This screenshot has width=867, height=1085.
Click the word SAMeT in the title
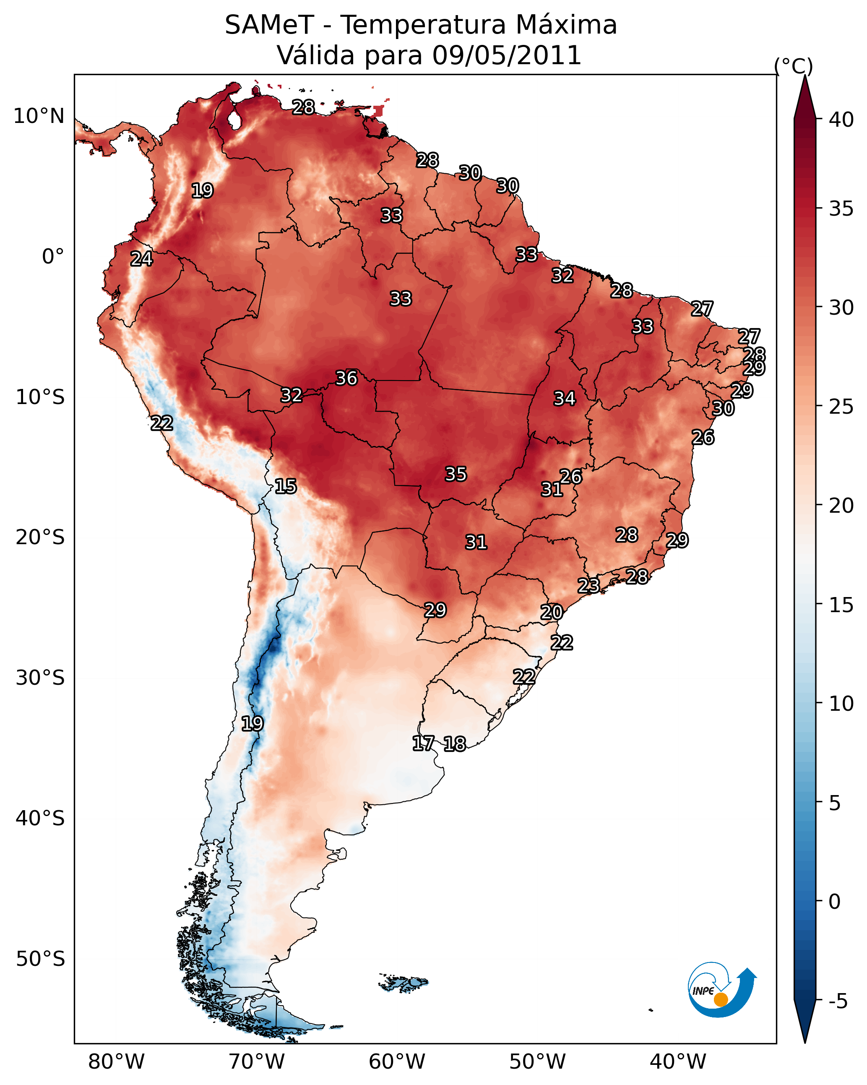pyautogui.click(x=269, y=25)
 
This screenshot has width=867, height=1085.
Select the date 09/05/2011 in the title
pyautogui.click(x=506, y=55)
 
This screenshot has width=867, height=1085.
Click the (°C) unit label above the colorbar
pyautogui.click(x=793, y=66)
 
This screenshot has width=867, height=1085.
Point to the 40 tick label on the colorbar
pyautogui.click(x=841, y=120)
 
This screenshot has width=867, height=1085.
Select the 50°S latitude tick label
pyautogui.click(x=40, y=959)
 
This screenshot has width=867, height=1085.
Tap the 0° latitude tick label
pyautogui.click(x=53, y=257)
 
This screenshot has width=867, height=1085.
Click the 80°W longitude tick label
pyautogui.click(x=116, y=1062)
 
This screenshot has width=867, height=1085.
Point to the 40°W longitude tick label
pyautogui.click(x=678, y=1062)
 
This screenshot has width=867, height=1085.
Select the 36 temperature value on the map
pyautogui.click(x=347, y=378)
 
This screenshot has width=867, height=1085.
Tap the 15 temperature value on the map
pyautogui.click(x=286, y=486)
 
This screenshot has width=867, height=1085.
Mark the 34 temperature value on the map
pyautogui.click(x=565, y=399)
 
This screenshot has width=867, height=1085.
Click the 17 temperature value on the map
pyautogui.click(x=423, y=743)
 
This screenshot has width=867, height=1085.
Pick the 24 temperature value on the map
pyautogui.click(x=141, y=259)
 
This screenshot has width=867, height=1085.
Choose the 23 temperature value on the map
pyautogui.click(x=588, y=585)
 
